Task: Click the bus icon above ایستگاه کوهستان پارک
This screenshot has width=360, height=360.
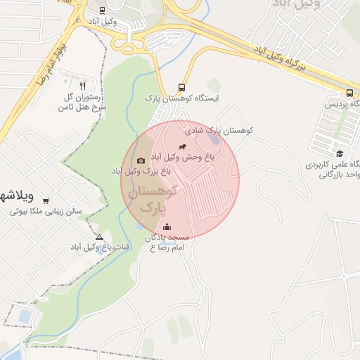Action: point(182,87)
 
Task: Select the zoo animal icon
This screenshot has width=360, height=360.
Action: point(183,148)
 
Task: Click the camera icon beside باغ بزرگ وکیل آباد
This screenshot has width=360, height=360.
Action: point(141,160)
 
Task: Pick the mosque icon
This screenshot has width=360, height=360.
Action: point(167,226)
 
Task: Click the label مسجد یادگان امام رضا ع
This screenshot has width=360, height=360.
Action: point(169,243)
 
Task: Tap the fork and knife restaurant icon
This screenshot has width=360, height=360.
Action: point(83,85)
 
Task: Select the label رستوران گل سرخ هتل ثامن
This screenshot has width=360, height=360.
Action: point(84,103)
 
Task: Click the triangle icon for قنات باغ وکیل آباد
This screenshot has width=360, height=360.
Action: point(99,238)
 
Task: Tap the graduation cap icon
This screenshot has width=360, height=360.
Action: point(340,153)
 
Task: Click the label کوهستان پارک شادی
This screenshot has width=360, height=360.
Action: point(219,131)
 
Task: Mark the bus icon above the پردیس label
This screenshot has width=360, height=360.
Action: point(349,94)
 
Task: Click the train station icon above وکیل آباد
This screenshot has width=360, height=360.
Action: point(103,11)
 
